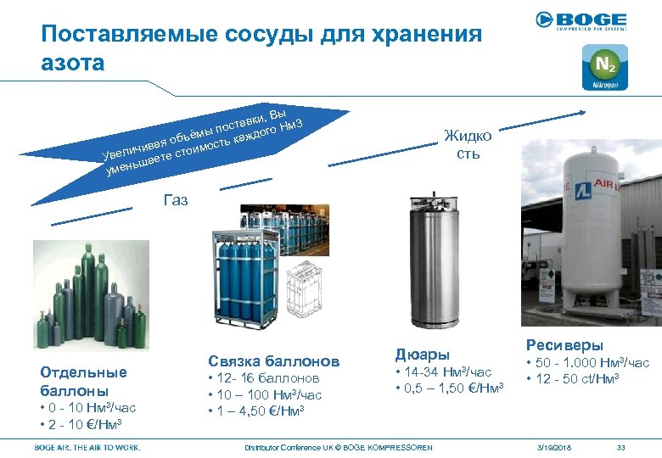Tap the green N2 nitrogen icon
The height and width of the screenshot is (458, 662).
[605, 67]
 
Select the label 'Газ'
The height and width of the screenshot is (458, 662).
[175, 201]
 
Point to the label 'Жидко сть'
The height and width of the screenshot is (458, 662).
[468, 145]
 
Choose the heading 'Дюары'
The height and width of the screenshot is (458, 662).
[423, 355]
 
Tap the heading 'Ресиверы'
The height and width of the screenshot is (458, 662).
[564, 345]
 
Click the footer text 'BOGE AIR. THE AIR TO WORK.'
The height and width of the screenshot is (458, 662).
[87, 447]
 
